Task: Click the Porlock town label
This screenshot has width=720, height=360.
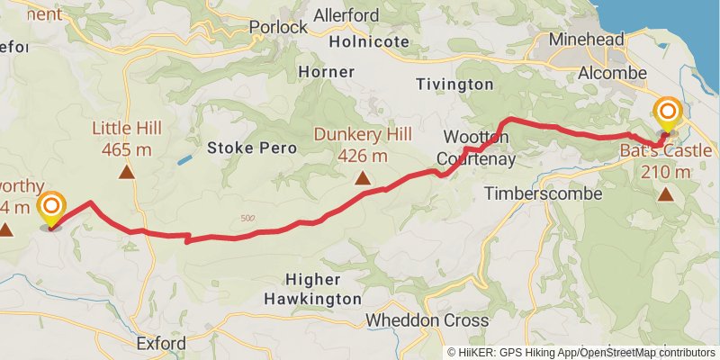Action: point(278,27)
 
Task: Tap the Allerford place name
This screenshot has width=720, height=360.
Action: point(347,15)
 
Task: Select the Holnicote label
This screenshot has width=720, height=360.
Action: point(370,41)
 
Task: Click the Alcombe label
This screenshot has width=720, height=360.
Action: point(614,73)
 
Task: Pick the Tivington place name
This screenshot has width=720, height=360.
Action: point(454,84)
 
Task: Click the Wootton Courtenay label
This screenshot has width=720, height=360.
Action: point(476,148)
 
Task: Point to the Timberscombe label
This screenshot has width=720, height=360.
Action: point(538,193)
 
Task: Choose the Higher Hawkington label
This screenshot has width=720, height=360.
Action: point(313,288)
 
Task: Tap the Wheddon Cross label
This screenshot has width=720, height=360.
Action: point(427,320)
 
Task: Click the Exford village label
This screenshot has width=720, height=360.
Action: point(161,343)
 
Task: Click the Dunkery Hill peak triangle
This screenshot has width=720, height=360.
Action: point(362,178)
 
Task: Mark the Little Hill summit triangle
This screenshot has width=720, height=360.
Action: point(127,171)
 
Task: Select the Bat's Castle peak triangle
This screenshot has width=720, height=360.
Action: point(665,193)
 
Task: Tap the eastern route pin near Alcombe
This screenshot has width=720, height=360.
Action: point(668,114)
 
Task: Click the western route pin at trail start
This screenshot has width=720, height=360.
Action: point(51,209)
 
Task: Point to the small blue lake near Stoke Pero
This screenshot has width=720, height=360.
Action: point(184,159)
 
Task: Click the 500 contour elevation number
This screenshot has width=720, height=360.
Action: point(248,219)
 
